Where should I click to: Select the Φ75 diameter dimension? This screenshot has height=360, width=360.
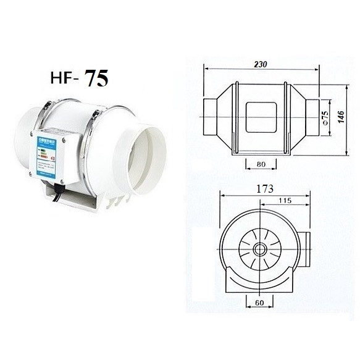coord(324,116)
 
